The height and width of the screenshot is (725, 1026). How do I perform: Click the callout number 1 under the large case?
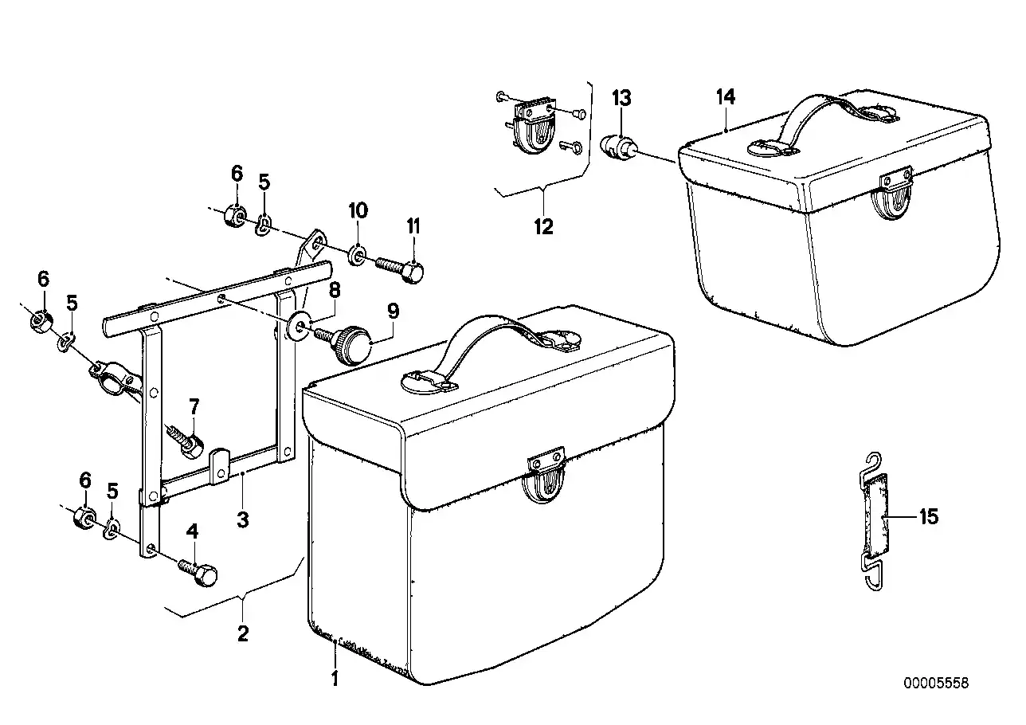(335, 679)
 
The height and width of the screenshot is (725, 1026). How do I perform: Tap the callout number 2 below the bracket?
(243, 633)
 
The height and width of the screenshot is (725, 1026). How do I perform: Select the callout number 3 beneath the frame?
(243, 519)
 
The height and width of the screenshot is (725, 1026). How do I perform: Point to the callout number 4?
(193, 531)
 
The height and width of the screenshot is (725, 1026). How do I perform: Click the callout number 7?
(194, 406)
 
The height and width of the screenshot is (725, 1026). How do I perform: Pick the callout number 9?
(394, 311)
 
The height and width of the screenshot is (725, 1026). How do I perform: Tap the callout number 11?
(413, 226)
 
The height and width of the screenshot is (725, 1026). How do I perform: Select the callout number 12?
(544, 226)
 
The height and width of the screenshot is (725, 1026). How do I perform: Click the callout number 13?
(621, 98)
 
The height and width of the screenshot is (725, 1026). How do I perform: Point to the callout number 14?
(726, 96)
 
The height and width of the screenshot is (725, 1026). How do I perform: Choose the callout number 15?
(929, 516)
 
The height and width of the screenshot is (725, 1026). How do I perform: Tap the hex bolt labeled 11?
(401, 269)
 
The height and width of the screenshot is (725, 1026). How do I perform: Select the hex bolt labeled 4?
(198, 571)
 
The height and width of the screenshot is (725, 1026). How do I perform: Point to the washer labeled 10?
(357, 255)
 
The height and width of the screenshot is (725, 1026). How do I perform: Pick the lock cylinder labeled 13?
(618, 147)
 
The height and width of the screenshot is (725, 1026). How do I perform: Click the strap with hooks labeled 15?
(875, 521)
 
